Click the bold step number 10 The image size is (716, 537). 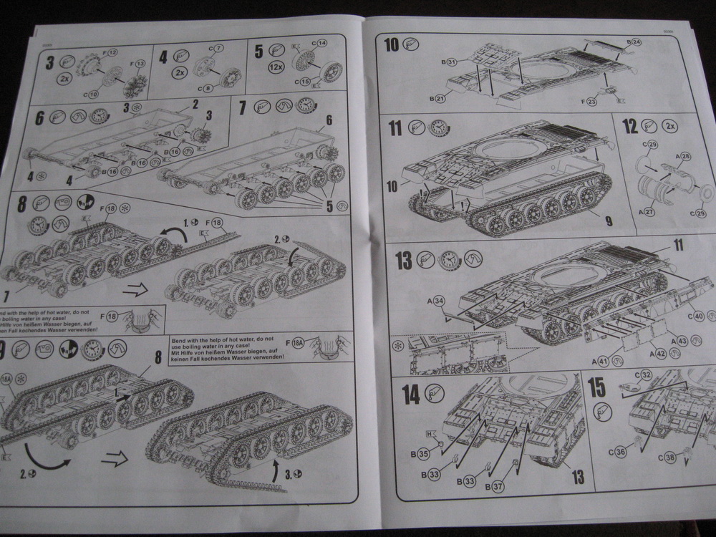pos(391,45)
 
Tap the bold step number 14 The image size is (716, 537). pos(410,394)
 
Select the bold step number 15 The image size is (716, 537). pos(596,387)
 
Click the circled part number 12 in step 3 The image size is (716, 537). pos(113,52)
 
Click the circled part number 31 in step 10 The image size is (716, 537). pos(452,62)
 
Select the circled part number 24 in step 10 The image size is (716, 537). pos(637,42)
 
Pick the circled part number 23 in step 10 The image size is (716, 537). pos(591,102)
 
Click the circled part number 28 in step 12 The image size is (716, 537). pos(685,156)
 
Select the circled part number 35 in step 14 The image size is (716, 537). pos(424,454)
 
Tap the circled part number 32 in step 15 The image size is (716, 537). pos(644,374)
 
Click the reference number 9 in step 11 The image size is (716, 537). pos(608,222)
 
